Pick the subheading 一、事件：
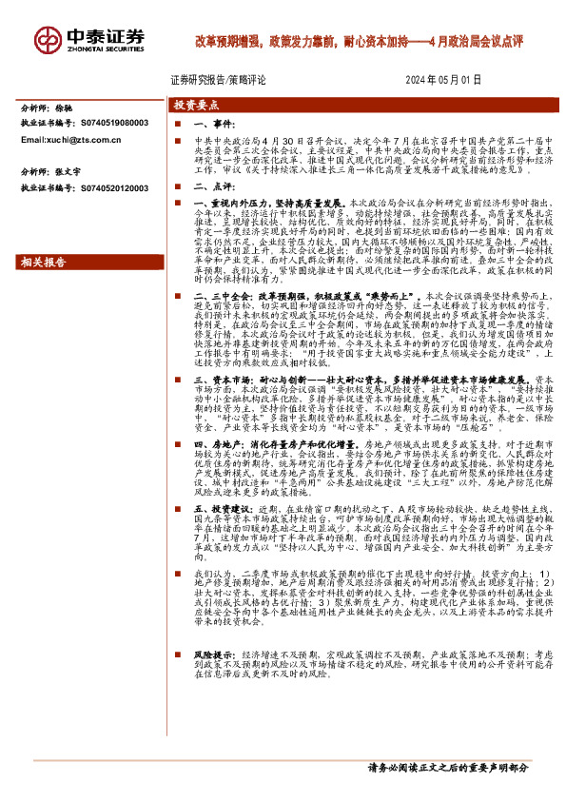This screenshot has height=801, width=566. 213,125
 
